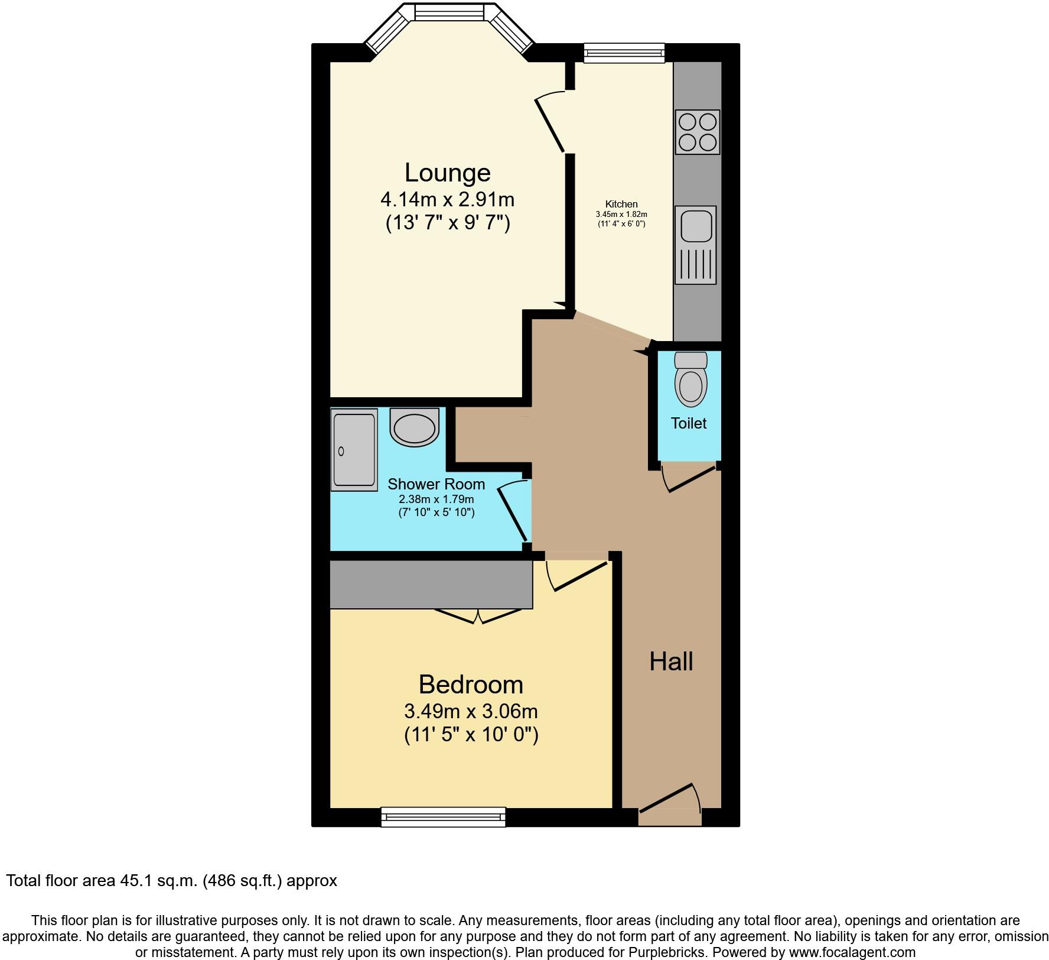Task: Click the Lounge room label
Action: point(447,173)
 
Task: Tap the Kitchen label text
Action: point(621,204)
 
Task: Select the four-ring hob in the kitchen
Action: point(698,132)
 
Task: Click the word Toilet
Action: point(688,423)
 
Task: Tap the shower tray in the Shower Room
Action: point(354,450)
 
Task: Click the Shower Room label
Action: point(436,484)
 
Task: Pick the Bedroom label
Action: point(471,685)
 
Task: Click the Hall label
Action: point(671,661)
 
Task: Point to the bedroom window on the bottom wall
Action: point(443,816)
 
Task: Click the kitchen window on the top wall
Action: point(624,53)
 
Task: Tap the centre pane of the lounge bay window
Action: point(449,12)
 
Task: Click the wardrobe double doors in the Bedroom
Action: point(479,617)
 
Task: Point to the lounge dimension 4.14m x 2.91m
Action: point(447,199)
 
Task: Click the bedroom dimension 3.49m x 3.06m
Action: point(471,710)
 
